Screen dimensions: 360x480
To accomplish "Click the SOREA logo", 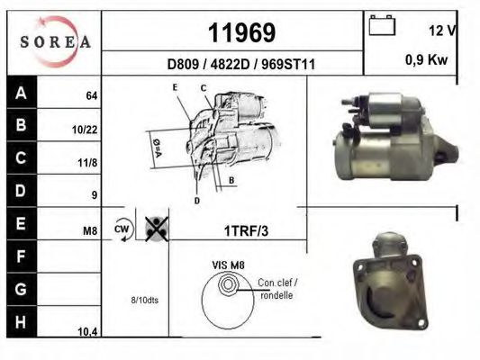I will (x=56, y=40).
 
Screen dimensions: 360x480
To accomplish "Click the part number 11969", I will (x=240, y=32).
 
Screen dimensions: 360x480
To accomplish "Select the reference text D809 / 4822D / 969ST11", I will (x=240, y=64).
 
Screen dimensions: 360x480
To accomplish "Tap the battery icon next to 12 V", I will (x=382, y=28).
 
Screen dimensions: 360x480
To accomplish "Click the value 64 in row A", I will (x=91, y=95).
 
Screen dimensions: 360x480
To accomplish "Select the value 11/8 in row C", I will (x=86, y=163).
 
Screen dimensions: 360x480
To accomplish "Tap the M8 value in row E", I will (x=89, y=231).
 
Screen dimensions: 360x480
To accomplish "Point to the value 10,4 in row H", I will (x=87, y=332).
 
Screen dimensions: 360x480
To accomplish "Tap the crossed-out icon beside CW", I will (x=157, y=229).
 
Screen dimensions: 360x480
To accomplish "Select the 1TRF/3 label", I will (x=246, y=230).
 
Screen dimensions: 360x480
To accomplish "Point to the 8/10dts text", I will (x=143, y=300).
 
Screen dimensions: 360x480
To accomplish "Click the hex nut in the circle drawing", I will (x=228, y=286).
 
